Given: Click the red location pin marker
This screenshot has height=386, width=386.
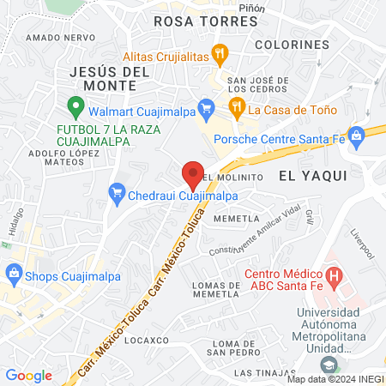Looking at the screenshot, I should (x=193, y=174).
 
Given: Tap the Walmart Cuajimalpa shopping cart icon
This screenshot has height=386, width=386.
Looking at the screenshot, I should (x=205, y=107).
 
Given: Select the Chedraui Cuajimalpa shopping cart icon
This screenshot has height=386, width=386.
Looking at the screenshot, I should (x=117, y=196).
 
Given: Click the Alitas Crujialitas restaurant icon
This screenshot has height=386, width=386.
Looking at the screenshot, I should (x=220, y=52).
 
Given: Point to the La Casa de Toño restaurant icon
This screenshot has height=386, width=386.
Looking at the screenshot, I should (x=236, y=108).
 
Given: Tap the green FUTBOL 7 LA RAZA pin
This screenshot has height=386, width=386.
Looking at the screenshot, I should (x=75, y=108).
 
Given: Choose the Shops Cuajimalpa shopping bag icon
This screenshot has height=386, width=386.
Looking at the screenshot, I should (x=13, y=275).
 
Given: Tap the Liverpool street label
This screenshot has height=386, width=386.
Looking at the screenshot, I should (x=362, y=244).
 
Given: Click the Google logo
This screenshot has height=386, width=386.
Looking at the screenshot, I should (x=29, y=376).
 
